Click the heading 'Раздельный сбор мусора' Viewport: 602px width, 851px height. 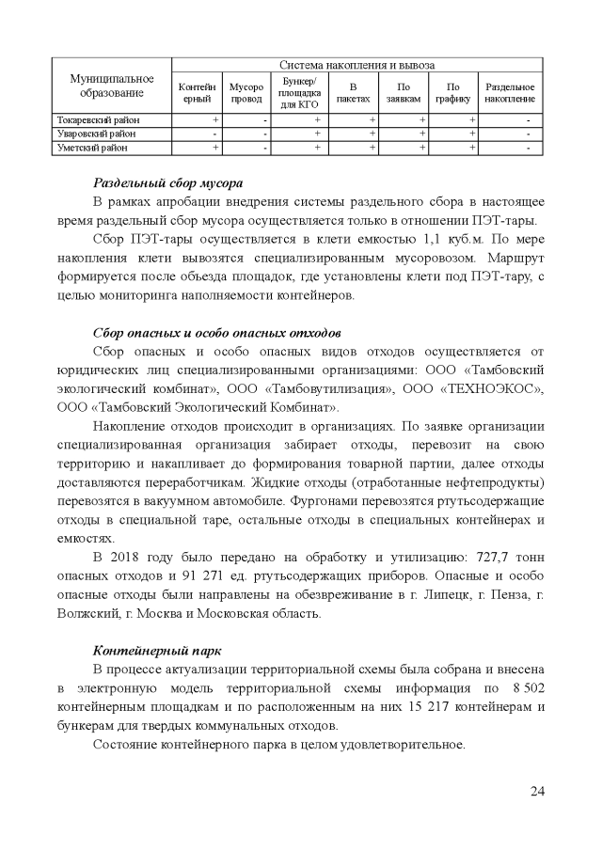point(168,182)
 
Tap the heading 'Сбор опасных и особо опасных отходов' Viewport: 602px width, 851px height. point(216,333)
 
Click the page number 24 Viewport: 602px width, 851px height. point(537,790)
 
